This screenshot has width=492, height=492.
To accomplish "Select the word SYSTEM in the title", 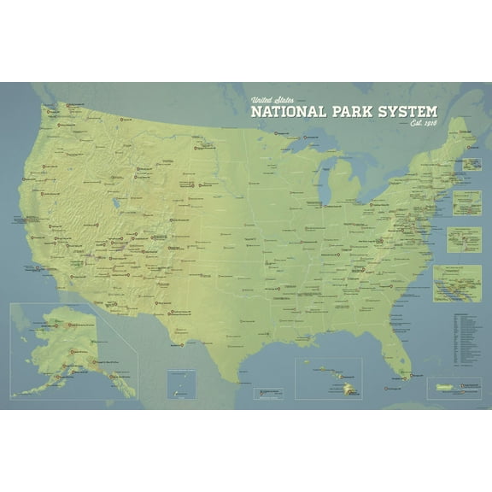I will coord(406,112).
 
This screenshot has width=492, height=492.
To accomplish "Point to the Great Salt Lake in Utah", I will coord(116,205).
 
